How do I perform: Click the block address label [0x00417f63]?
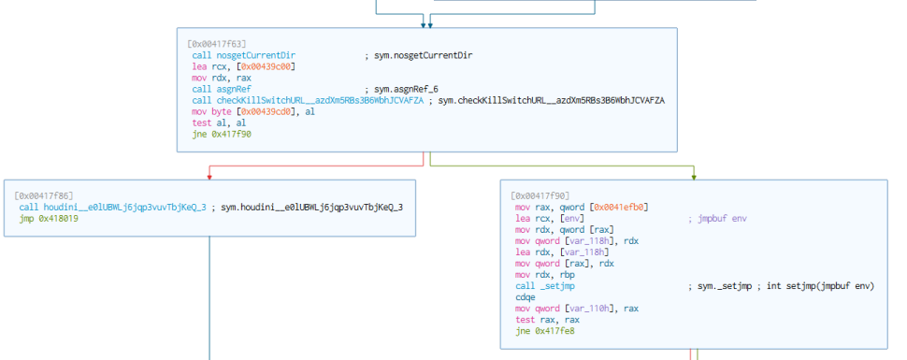tap(216, 44)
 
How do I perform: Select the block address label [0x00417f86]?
tap(43, 196)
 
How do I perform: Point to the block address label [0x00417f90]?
tap(540, 196)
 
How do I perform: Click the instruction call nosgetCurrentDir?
tap(244, 55)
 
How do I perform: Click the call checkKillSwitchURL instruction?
tap(309, 101)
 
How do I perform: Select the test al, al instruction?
tap(212, 122)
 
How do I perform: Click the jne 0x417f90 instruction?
tap(223, 135)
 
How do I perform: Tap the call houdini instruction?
tap(113, 208)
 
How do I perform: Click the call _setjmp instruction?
tap(545, 286)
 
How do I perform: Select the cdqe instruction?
tap(525, 297)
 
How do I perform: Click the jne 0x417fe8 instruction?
tap(545, 331)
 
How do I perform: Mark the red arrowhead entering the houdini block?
tap(209, 177)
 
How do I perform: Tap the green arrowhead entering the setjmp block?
tap(694, 177)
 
